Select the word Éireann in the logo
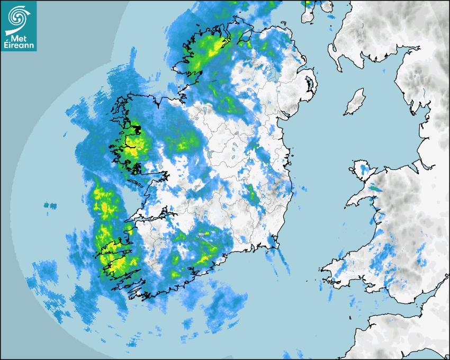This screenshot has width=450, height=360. click(x=19, y=46)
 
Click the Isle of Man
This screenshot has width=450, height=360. click(x=355, y=103)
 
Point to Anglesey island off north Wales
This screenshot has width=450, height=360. click(x=362, y=172)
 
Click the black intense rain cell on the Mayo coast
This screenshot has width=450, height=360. click(x=136, y=129)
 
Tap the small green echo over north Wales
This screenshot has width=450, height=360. click(x=375, y=188)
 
